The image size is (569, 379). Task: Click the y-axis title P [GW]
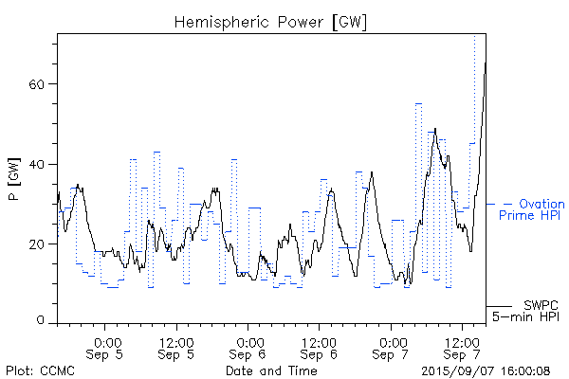(13, 177)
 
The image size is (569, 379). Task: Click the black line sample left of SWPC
(499, 306)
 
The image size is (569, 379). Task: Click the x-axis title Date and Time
(270, 370)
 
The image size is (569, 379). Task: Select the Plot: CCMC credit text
(41, 370)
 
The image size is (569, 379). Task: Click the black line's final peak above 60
(485, 63)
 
